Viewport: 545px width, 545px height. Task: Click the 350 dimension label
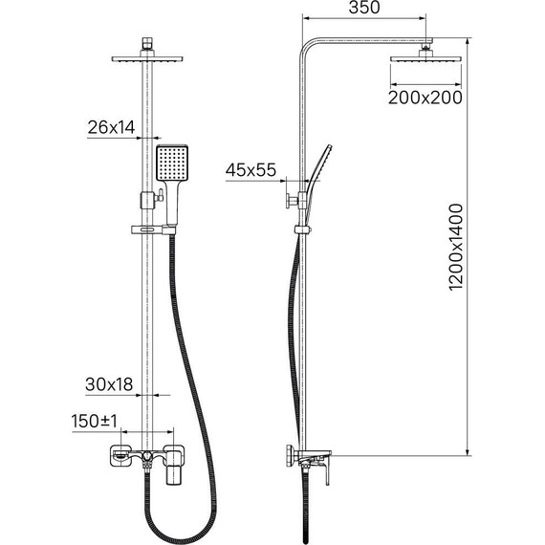tap(364, 8)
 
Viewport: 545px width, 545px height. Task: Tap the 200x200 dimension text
tap(425, 98)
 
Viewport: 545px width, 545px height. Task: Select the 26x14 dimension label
tap(111, 127)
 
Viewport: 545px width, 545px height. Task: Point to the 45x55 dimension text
tap(251, 170)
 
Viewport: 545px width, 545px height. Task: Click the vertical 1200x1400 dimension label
tap(456, 247)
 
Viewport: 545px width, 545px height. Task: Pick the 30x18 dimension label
tap(109, 384)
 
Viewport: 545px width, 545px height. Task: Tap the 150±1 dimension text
tap(95, 421)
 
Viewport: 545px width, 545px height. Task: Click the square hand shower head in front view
tap(172, 163)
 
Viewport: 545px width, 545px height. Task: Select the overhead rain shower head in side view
tap(425, 58)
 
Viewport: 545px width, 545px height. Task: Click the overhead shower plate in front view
tap(147, 58)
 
